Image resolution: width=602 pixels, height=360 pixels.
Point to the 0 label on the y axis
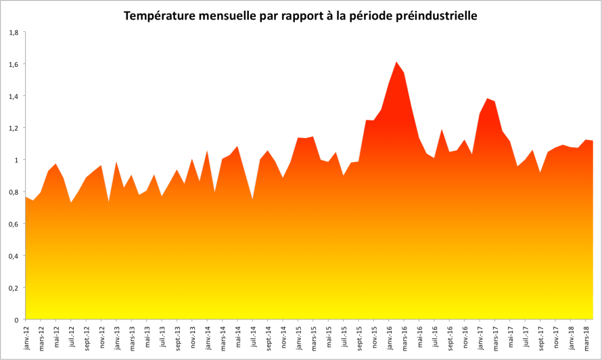click(17, 319)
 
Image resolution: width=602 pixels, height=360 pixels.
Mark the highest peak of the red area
click(397, 62)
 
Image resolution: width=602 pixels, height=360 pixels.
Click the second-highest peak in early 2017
click(488, 99)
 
